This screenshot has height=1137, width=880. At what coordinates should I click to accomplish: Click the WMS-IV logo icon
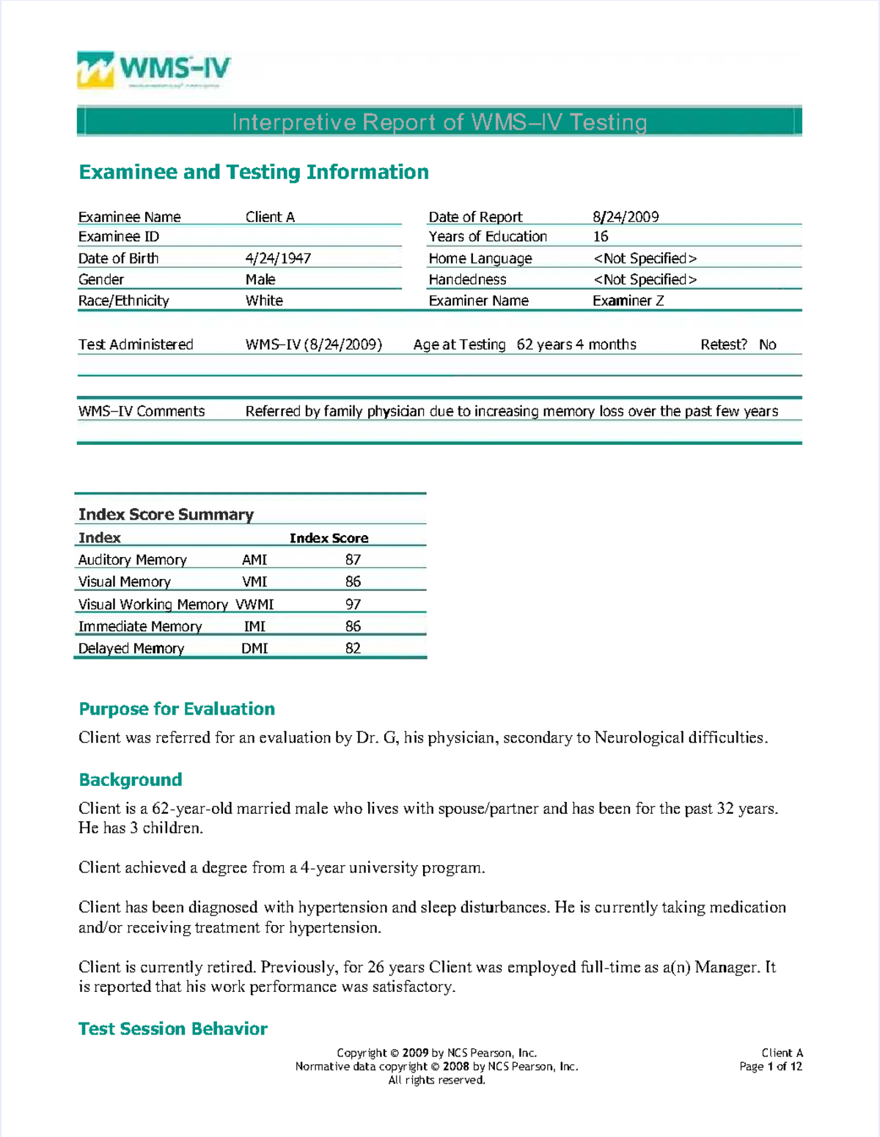coord(95,70)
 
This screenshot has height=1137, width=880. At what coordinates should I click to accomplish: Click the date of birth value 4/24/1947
coord(278,258)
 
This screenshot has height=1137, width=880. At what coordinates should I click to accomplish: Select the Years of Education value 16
coord(601,237)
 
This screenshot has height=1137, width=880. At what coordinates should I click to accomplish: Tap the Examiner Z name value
coord(628,301)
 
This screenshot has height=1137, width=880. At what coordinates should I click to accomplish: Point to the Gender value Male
coord(260,279)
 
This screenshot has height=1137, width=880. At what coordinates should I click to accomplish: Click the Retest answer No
coord(767,345)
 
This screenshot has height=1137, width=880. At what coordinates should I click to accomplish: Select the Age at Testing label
coord(459,345)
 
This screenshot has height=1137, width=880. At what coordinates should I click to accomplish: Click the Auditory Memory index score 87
coord(353,559)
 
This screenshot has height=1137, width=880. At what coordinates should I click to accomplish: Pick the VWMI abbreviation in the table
coord(254,604)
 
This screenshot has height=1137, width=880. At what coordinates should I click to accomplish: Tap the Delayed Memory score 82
coord(353,648)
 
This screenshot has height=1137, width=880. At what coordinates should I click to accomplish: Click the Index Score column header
coord(329,538)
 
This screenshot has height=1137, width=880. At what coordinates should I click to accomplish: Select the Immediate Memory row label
coord(140,626)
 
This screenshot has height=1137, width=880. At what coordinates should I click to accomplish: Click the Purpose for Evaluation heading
coord(177,709)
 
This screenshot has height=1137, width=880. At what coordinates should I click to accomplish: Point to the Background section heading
coord(131,779)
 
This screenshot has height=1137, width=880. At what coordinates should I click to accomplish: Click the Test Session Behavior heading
coord(173,1029)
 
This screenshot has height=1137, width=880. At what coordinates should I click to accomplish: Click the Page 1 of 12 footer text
coord(770,1067)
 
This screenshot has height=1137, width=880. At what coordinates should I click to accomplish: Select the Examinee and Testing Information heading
coord(254,172)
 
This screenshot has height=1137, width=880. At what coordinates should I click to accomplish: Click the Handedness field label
coord(467,279)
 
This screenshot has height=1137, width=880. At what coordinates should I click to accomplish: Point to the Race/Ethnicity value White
coord(264,301)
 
